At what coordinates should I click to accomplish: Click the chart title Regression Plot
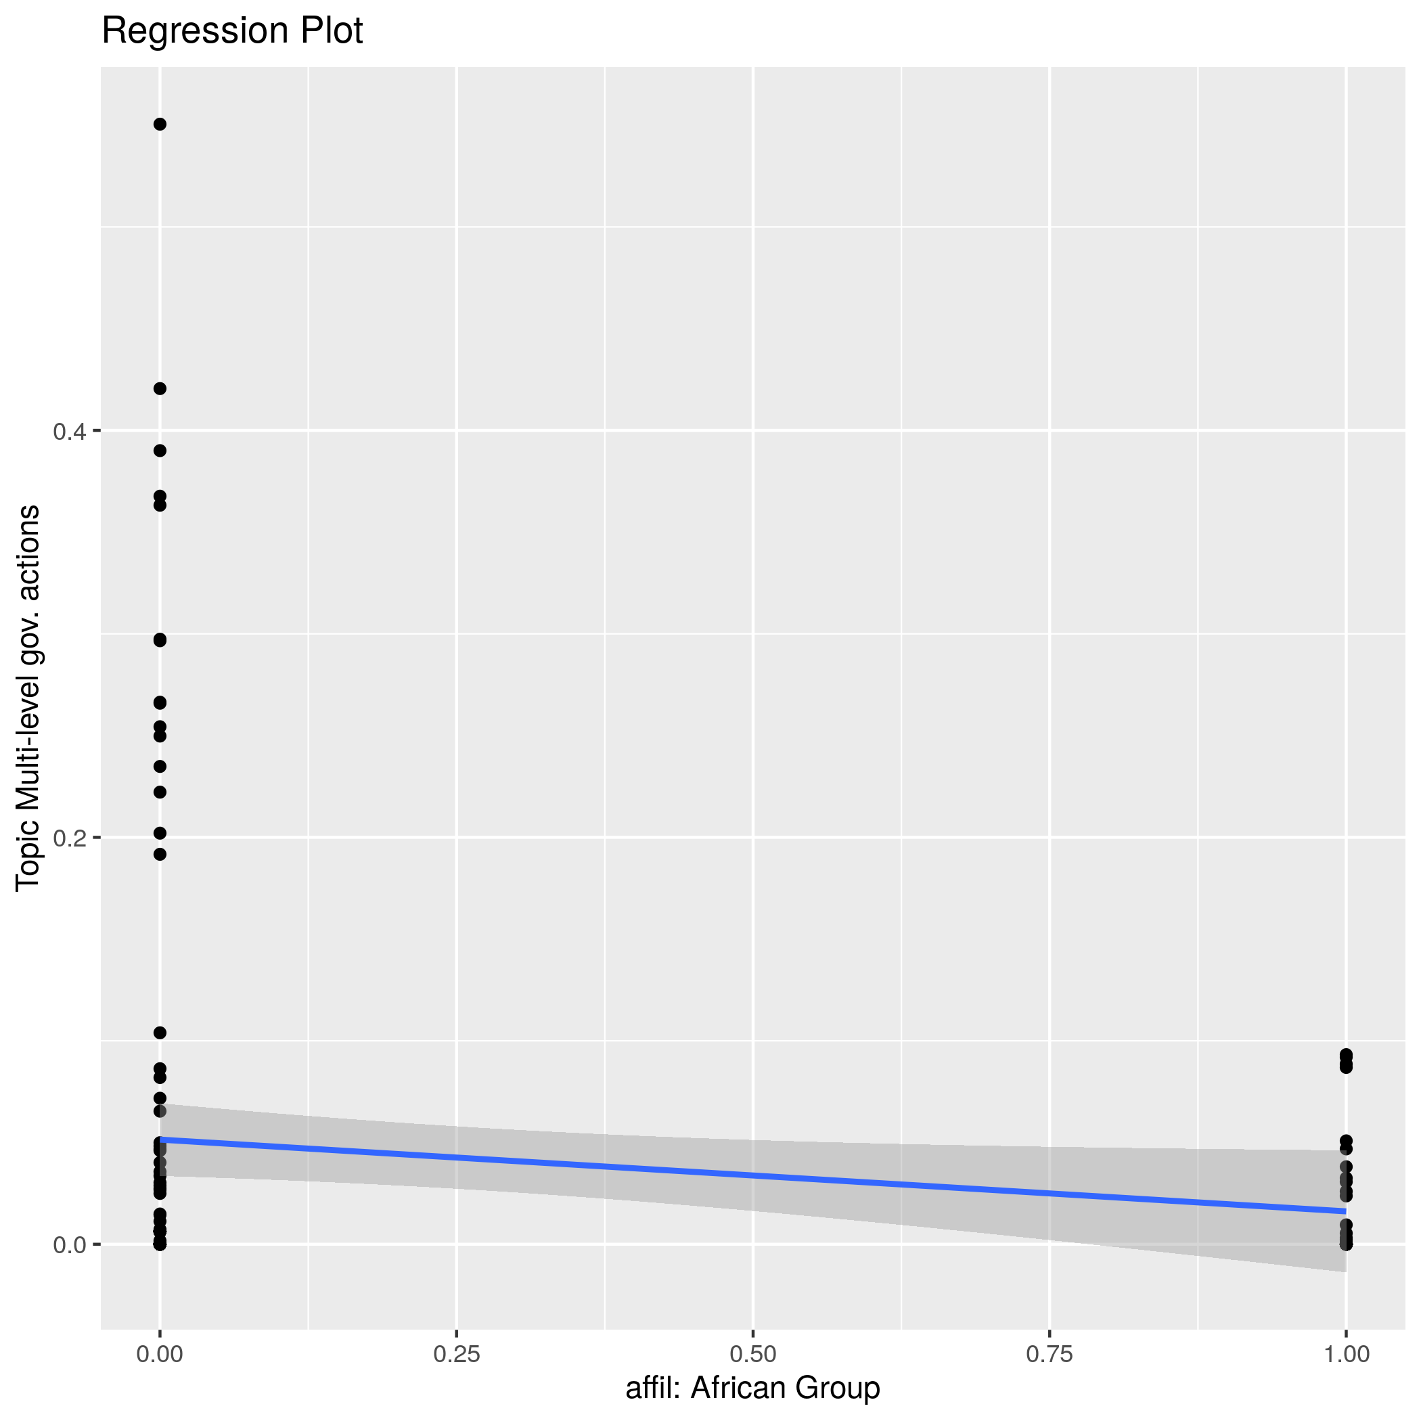(x=231, y=32)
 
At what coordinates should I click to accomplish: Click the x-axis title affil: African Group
(x=752, y=1388)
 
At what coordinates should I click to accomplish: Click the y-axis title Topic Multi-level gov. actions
(x=28, y=697)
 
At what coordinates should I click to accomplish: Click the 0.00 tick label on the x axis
(x=160, y=1353)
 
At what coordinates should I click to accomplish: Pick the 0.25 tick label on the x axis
(x=456, y=1353)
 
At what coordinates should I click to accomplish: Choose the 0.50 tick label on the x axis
(x=752, y=1353)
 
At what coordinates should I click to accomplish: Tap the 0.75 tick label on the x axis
(x=1049, y=1353)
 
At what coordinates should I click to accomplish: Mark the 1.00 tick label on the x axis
(x=1346, y=1353)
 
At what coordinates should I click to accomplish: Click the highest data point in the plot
(x=160, y=125)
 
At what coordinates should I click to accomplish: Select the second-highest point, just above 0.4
(x=160, y=388)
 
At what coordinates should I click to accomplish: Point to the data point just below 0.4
(x=160, y=451)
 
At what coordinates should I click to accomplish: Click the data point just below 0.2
(x=160, y=854)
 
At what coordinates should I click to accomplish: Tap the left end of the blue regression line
(x=161, y=1140)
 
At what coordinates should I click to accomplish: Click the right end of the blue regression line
(x=1345, y=1211)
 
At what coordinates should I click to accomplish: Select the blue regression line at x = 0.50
(x=752, y=1175)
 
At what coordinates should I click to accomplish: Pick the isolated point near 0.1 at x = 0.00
(x=160, y=1033)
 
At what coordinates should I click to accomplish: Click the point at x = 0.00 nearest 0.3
(x=160, y=640)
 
